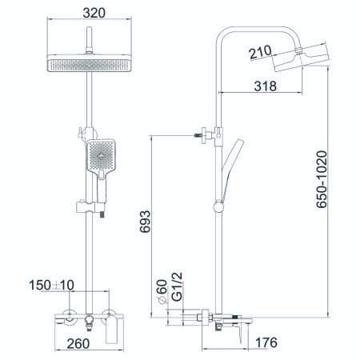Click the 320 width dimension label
pos(94,13)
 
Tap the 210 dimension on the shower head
pos(261,52)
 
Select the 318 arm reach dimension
pos(266,86)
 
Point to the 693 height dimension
pos(146,222)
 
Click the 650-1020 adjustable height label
pos(322,179)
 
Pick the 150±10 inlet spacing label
pos(51,285)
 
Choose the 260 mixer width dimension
pos(78,344)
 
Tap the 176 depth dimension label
pos(266,342)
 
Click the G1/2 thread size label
pos(177,286)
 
